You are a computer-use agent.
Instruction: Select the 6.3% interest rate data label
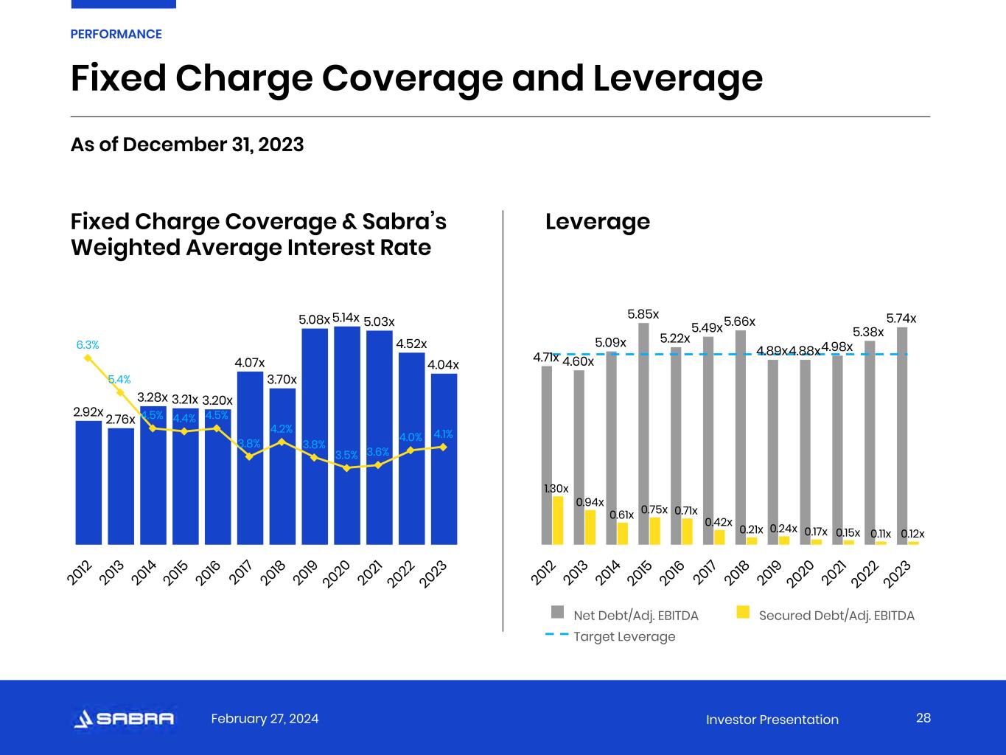(x=88, y=344)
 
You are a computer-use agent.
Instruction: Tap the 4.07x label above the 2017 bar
(x=250, y=362)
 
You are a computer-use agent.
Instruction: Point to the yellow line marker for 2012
(x=88, y=358)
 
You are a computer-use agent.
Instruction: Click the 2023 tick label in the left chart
(x=433, y=574)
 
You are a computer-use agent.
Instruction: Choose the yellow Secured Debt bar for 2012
(x=558, y=521)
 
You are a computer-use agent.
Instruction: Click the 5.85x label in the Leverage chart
(x=643, y=315)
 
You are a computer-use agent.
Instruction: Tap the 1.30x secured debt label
(x=556, y=488)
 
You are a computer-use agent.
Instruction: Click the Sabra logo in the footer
(x=124, y=719)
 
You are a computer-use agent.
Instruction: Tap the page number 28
(x=923, y=718)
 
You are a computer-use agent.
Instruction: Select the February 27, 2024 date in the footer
(x=265, y=719)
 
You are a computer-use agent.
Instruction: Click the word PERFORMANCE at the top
(x=116, y=34)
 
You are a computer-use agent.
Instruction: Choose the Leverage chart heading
(x=598, y=221)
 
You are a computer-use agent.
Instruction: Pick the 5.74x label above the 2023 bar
(x=901, y=319)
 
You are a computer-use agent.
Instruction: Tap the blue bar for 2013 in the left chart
(x=121, y=487)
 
